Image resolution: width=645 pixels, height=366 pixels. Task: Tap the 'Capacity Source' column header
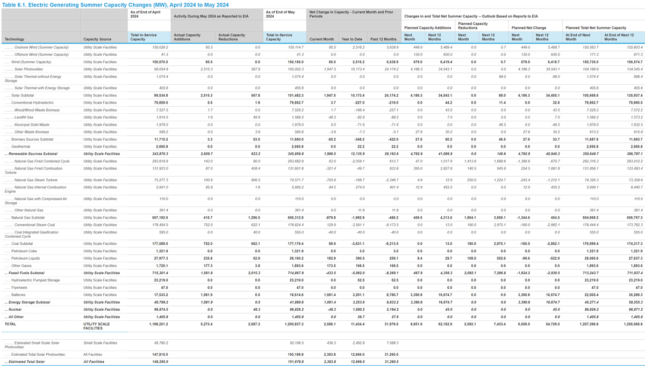coord(97,39)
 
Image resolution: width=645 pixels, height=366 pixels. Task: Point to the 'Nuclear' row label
coord(17,309)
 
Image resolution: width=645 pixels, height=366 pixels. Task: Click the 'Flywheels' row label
coord(20,287)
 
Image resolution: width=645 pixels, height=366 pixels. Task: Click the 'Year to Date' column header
coord(352,39)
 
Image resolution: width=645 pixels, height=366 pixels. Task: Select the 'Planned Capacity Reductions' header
coord(473,25)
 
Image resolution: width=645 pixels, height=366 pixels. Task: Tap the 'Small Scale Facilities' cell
coord(101,342)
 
